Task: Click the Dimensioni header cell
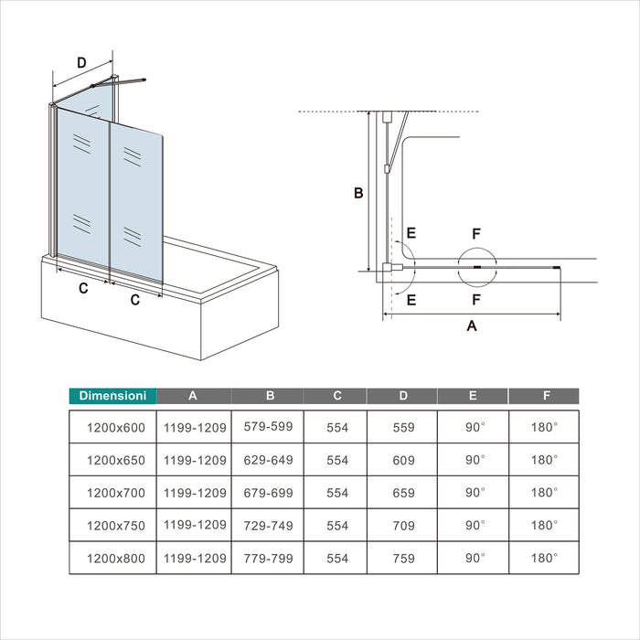click(x=112, y=396)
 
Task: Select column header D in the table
click(x=403, y=396)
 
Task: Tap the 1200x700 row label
click(x=116, y=493)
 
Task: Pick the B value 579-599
click(x=268, y=427)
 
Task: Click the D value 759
click(x=404, y=558)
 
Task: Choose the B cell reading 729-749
click(x=268, y=526)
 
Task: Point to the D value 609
click(x=404, y=460)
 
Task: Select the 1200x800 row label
click(x=116, y=558)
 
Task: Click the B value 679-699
click(x=268, y=493)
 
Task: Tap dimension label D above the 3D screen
click(x=81, y=63)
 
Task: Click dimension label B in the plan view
click(x=358, y=193)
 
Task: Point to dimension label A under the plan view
click(x=472, y=325)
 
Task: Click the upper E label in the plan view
click(x=411, y=233)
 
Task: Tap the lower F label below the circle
click(x=476, y=300)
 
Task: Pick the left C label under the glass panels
click(x=83, y=288)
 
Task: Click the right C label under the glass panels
click(x=135, y=300)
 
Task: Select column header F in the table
click(x=546, y=396)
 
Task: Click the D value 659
click(x=404, y=493)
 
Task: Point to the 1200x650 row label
click(x=116, y=460)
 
